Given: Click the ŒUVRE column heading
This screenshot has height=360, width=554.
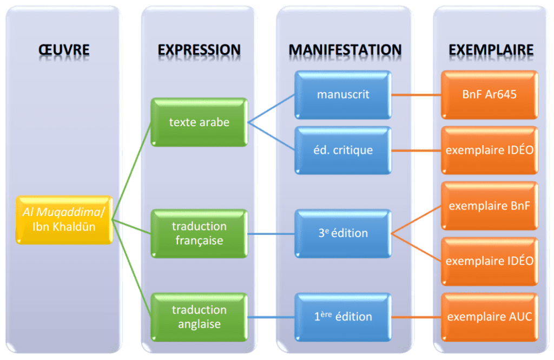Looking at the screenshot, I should (x=64, y=50).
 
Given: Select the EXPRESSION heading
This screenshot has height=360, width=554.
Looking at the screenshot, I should (x=199, y=50).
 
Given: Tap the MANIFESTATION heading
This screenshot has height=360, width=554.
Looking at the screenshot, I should (x=345, y=50).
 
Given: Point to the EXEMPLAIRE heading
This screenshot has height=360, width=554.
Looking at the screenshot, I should (x=491, y=50).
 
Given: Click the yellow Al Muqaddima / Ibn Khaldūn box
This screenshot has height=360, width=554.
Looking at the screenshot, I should (x=64, y=219).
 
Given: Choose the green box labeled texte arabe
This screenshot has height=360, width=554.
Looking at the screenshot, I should (x=199, y=122).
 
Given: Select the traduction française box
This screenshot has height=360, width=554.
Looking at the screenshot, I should (x=199, y=233).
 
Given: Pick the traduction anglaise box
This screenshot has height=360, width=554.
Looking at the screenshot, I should (x=199, y=317).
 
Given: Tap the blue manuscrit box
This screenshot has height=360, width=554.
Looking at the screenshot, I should (x=343, y=94).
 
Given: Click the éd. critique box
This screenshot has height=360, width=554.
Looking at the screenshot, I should (x=343, y=150).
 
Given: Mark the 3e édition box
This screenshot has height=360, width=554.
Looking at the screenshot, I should (x=343, y=233).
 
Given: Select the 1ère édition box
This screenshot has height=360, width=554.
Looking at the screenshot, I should (x=343, y=317).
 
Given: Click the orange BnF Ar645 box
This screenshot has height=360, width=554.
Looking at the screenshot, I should (x=490, y=94).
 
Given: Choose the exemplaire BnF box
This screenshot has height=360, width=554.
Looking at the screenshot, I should (x=490, y=206).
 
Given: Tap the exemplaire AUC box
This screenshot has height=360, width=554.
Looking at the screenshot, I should (x=490, y=317).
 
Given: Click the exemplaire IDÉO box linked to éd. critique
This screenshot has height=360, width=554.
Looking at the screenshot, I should (x=490, y=150).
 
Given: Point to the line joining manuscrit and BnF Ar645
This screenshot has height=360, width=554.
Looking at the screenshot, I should (x=416, y=94).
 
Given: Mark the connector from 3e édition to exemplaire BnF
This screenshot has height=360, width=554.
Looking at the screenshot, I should (x=417, y=219).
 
